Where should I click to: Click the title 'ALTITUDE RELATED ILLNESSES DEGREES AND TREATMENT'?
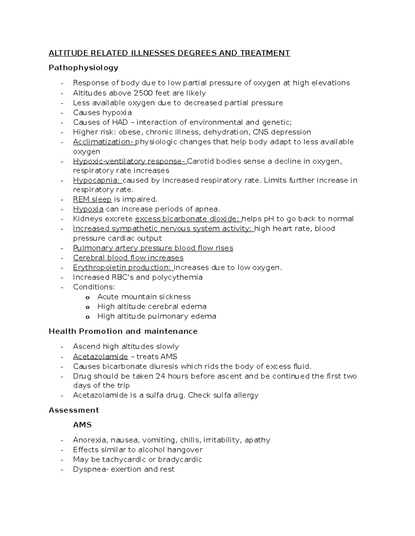click(169, 53)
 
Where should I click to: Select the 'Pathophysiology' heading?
click(83, 68)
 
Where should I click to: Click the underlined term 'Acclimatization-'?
click(103, 142)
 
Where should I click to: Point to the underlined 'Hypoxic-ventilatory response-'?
click(130, 161)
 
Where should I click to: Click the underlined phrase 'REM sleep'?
click(92, 199)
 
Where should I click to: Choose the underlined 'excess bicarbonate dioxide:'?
click(188, 219)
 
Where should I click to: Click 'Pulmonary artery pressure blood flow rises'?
click(153, 248)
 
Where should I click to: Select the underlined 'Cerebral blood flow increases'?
click(128, 258)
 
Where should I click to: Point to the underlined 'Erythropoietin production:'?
click(123, 267)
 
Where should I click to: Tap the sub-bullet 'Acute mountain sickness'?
click(144, 297)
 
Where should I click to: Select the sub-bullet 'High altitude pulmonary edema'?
click(157, 316)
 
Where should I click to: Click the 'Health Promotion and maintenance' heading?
click(123, 331)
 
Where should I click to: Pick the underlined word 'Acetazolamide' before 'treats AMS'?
click(100, 357)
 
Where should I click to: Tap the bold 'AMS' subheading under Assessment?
click(82, 425)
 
